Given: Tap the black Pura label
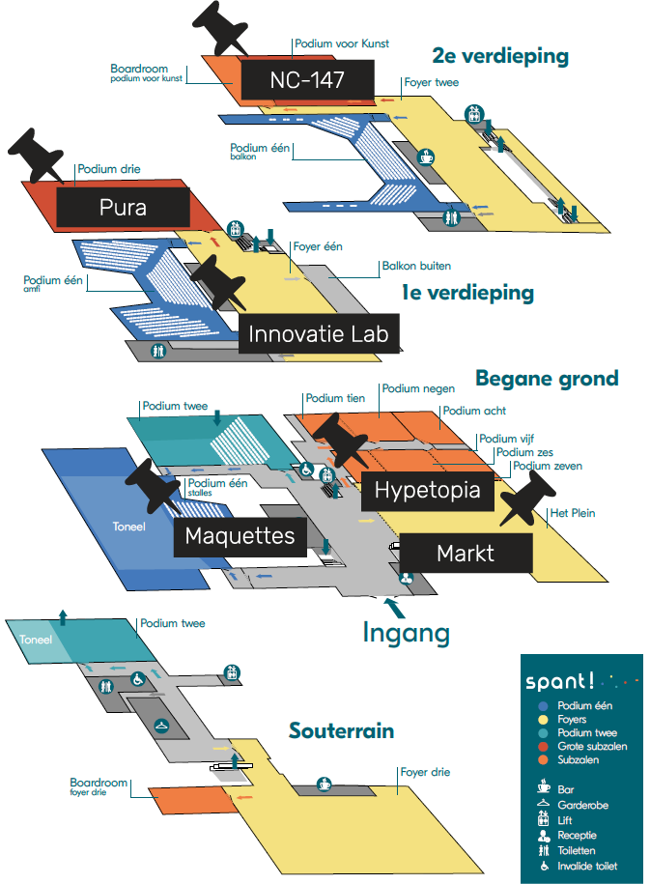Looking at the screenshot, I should coord(122,207).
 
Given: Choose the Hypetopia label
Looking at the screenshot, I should coord(427,490).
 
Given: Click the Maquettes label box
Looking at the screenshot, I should coord(240,535).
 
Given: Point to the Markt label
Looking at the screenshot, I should coord(466,553).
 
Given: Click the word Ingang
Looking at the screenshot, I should coord(406,633).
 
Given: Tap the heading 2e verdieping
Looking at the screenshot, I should coord(500,55).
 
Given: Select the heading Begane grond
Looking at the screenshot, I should coord(546,377).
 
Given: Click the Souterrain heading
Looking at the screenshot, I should coord(341,730).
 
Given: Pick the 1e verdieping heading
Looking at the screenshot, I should coord(467,292).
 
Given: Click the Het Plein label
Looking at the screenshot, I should coord(573,513).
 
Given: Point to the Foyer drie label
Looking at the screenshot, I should coord(425,772).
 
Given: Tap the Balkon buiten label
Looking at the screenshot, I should coord(416,266).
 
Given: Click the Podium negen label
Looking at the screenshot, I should coord(412,388).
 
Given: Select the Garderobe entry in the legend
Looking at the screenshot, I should coord(582,805).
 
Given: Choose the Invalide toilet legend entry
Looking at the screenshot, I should coord(587,866).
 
